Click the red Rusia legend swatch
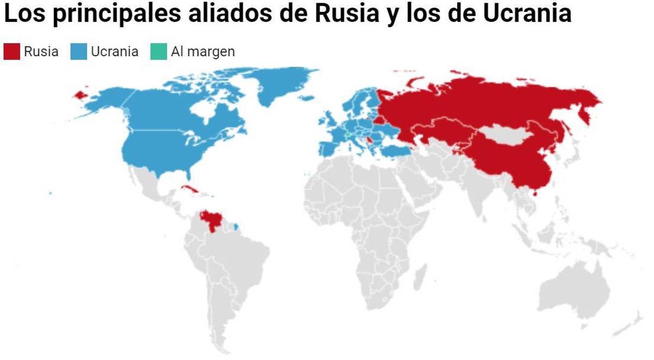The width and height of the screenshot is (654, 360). [11, 52]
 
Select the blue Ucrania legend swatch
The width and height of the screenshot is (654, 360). [78, 52]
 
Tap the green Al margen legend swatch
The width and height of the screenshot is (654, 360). [159, 52]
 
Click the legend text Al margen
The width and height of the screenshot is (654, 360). [203, 52]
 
